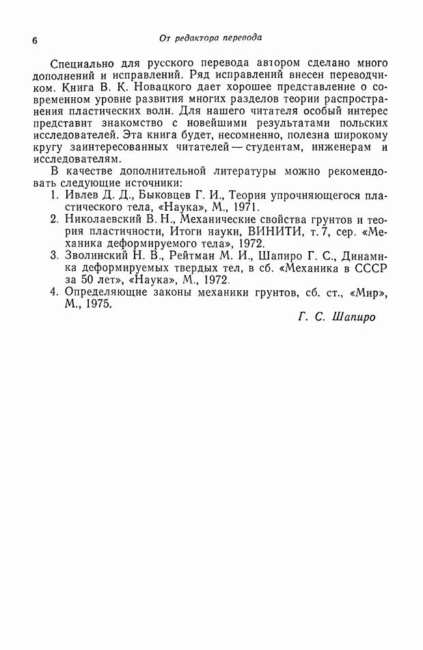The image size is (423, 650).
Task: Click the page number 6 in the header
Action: tap(35, 40)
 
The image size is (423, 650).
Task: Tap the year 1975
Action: tap(98, 304)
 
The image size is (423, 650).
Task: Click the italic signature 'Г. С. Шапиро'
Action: tap(337, 318)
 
